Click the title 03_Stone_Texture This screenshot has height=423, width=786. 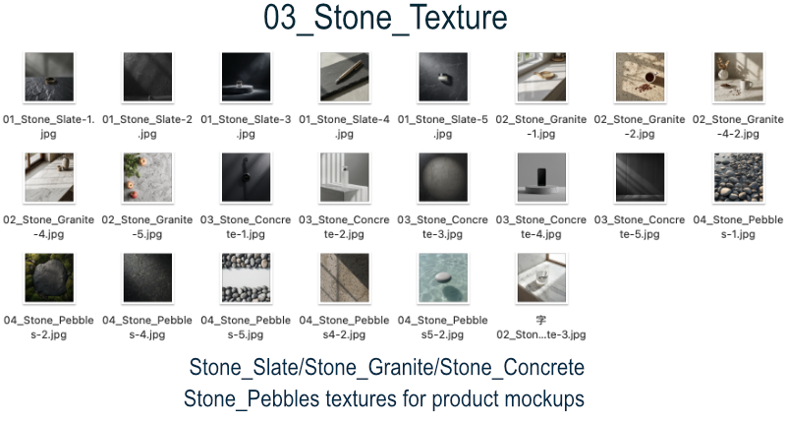point(385,18)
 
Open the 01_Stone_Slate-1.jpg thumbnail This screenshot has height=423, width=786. point(49,77)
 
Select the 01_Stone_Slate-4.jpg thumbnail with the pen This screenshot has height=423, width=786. point(345,77)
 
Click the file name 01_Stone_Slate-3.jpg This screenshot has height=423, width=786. point(246,127)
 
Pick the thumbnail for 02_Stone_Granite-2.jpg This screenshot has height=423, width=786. point(641,77)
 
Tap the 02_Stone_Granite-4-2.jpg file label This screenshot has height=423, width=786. point(738,127)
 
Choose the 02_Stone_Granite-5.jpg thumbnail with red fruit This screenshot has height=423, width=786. point(147,177)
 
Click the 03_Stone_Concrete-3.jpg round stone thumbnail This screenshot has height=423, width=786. point(443,177)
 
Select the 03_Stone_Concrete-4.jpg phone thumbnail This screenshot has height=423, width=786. point(541,177)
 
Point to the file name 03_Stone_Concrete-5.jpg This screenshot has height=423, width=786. point(640,227)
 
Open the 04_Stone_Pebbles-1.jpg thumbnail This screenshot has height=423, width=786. point(739,177)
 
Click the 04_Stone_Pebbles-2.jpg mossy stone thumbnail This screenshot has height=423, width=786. point(49,277)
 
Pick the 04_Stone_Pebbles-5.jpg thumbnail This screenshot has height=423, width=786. point(246,277)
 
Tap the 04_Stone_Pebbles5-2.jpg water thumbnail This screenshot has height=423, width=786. point(443,277)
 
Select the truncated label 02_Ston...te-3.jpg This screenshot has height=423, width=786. point(541,334)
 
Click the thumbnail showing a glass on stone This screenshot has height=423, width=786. point(541,277)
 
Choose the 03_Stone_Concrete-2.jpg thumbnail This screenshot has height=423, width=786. point(345,177)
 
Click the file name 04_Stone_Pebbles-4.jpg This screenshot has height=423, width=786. point(147,328)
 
